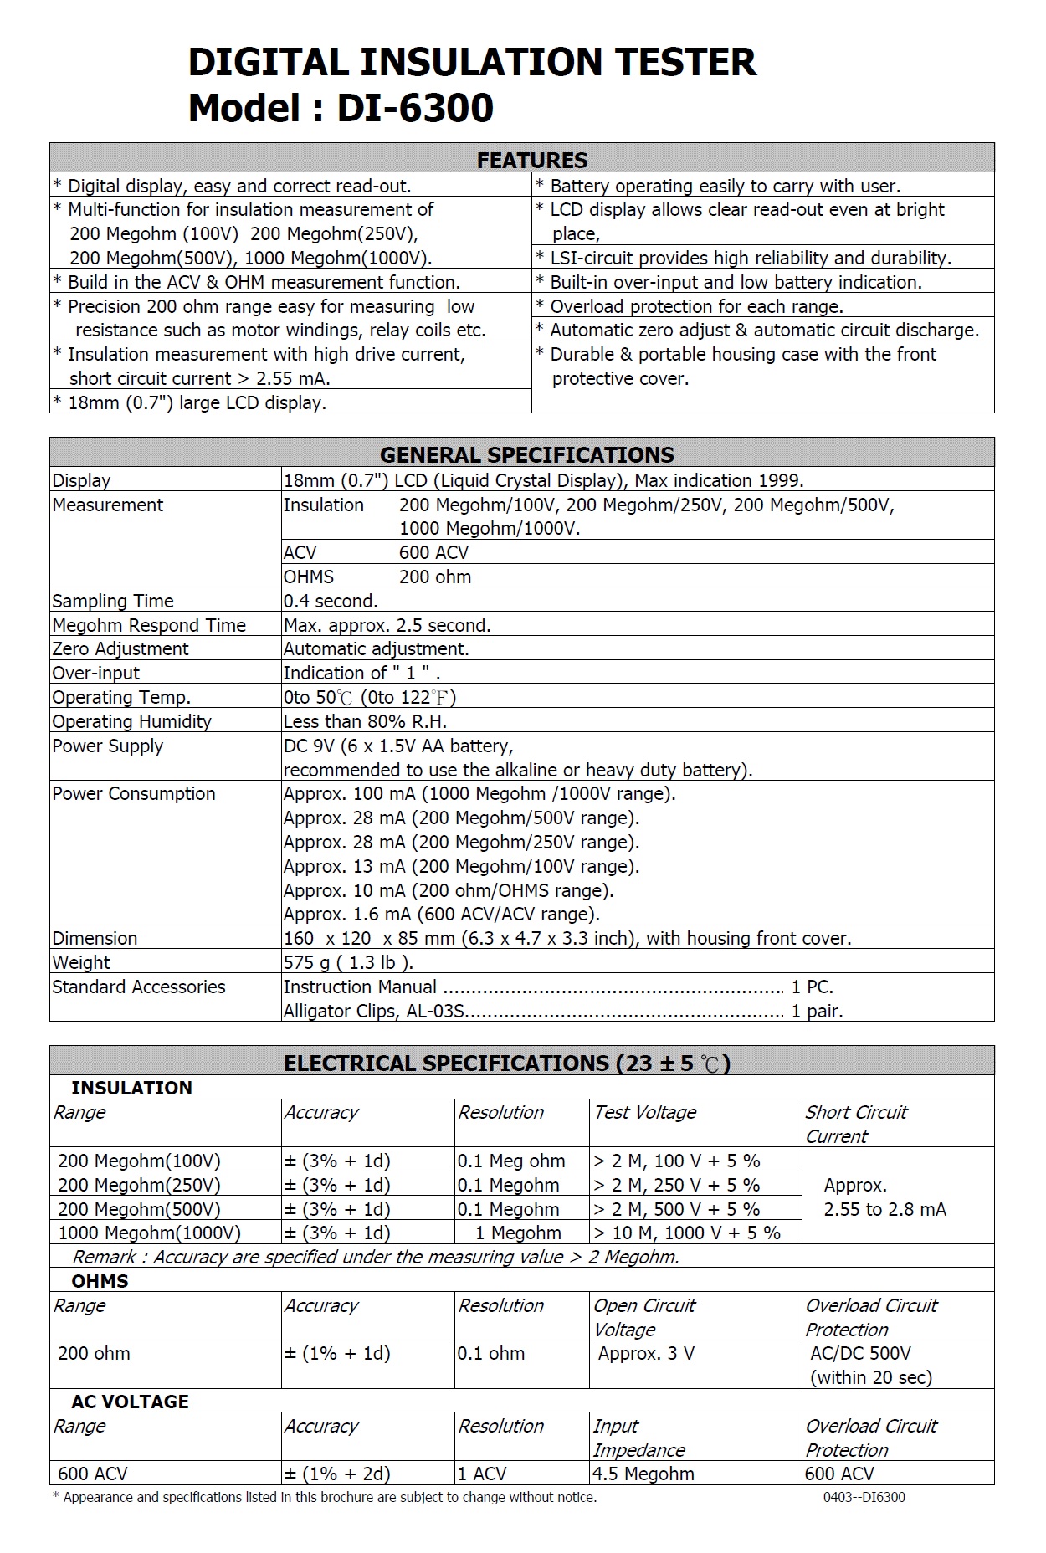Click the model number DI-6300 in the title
click(x=415, y=108)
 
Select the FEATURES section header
click(x=532, y=160)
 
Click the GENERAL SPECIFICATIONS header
click(x=526, y=454)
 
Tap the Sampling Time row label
click(x=113, y=601)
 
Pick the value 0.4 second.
click(x=331, y=601)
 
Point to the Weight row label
click(x=81, y=962)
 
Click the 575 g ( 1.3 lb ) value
click(x=348, y=962)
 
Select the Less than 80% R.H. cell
click(x=365, y=721)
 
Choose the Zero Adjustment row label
click(x=120, y=648)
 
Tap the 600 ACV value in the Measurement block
click(x=433, y=552)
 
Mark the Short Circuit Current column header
click(x=856, y=1124)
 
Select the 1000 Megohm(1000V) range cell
click(x=149, y=1233)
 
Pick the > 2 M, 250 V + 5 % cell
click(x=676, y=1185)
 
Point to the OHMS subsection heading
click(x=100, y=1281)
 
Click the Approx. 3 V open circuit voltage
click(x=646, y=1353)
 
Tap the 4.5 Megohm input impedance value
click(x=643, y=1474)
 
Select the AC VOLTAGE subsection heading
click(x=130, y=1402)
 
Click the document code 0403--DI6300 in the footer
click(x=864, y=1497)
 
